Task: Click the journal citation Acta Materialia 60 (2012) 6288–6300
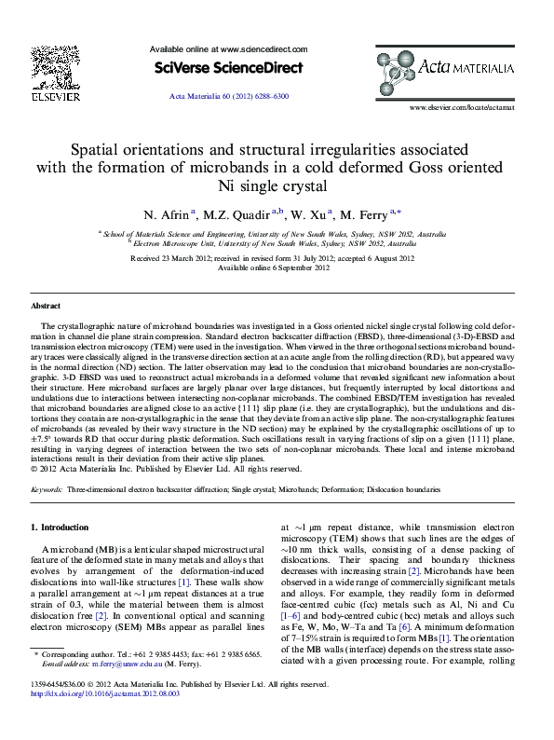click(228, 96)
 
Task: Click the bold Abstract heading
click(46, 306)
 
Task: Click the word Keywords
click(47, 488)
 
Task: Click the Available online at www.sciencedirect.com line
click(228, 48)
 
